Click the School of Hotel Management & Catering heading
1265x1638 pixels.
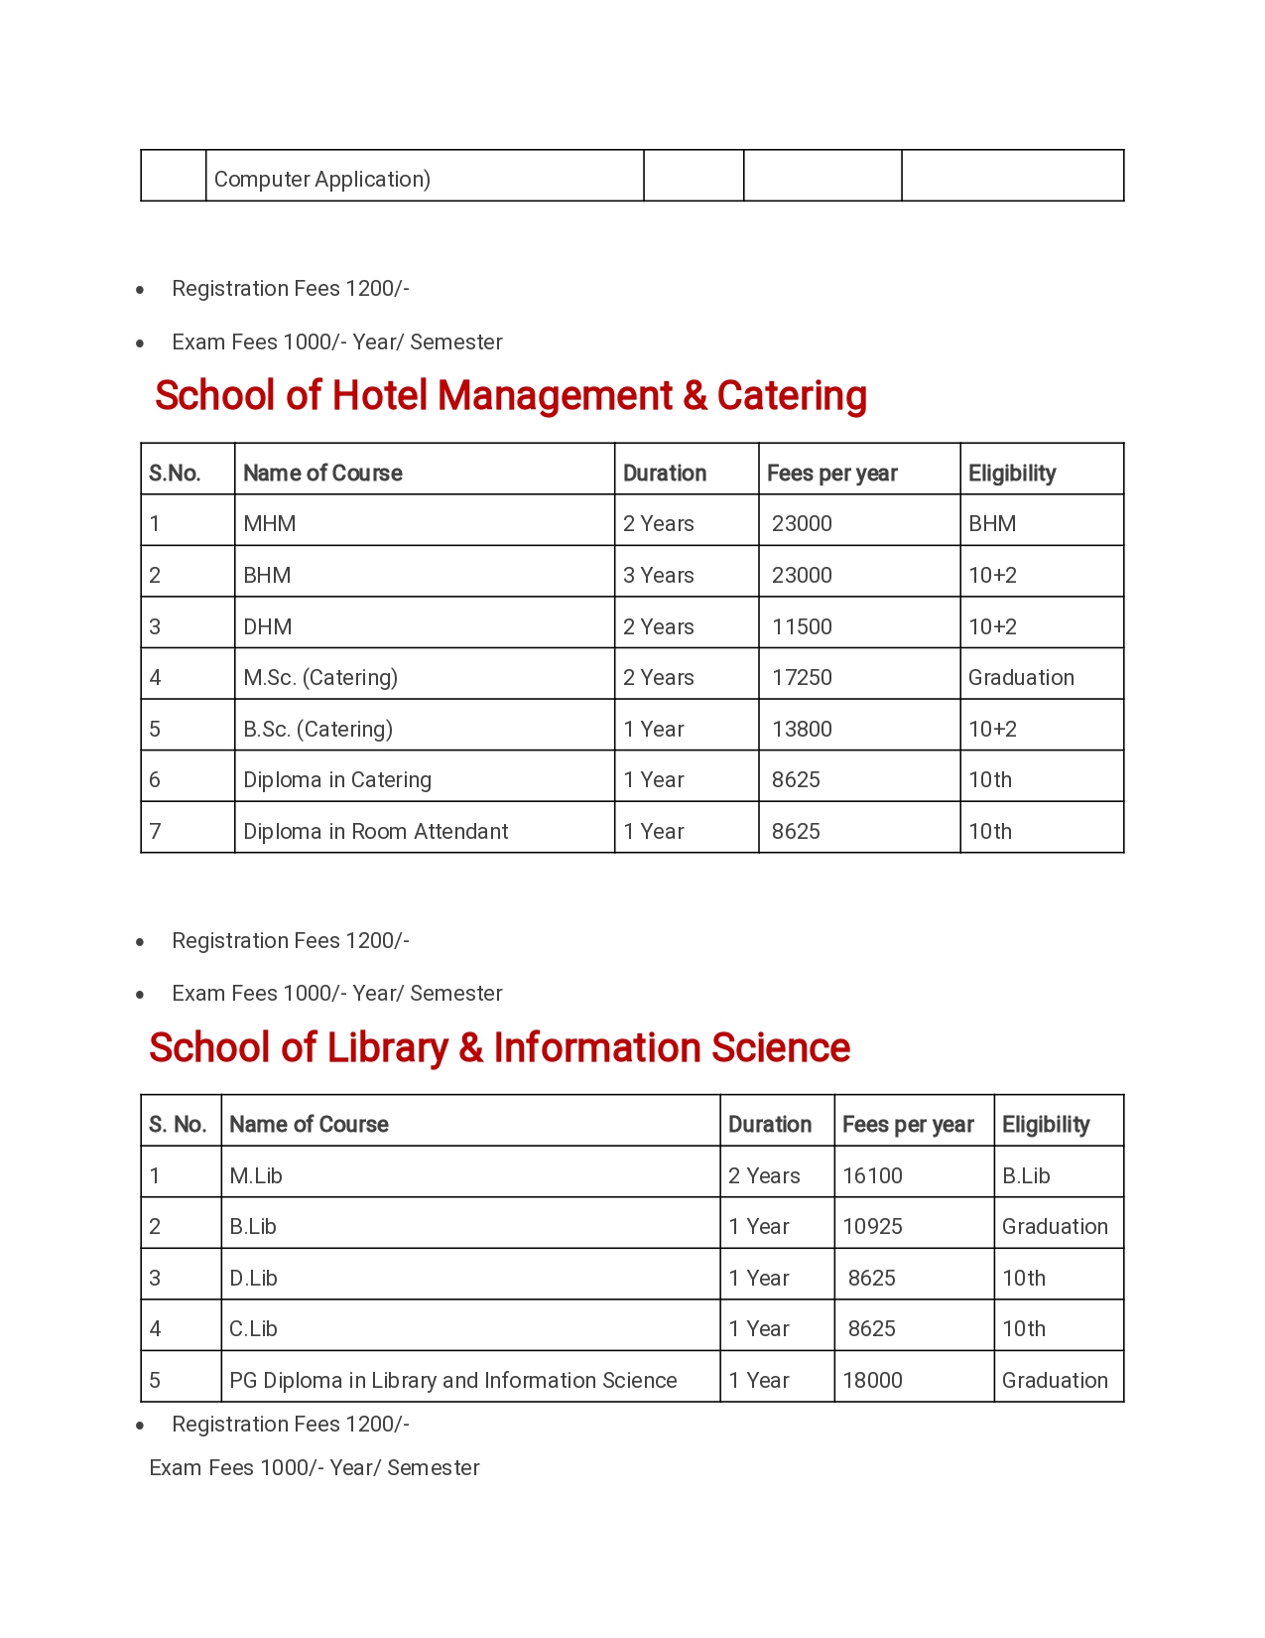510,395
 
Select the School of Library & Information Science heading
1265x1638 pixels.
499,1047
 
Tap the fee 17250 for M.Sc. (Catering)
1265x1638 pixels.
802,678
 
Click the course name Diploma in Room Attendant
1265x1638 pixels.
375,832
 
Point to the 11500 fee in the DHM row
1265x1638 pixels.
802,627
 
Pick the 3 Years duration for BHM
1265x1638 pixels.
658,576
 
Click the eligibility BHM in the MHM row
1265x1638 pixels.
992,524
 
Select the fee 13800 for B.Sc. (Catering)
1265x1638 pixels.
802,730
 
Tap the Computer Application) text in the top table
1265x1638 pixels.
322,180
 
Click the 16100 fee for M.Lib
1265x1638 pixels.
872,1176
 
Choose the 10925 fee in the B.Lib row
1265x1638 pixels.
872,1227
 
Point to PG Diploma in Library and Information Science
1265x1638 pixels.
452,1381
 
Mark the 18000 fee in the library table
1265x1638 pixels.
872,1381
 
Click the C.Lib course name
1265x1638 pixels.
253,1329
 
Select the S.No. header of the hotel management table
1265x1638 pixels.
175,474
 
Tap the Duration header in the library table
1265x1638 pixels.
769,1125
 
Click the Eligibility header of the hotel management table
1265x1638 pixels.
1011,474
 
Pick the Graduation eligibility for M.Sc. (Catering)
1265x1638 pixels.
1021,678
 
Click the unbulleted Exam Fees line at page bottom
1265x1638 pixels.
314,1468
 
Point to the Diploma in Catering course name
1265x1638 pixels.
337,780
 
